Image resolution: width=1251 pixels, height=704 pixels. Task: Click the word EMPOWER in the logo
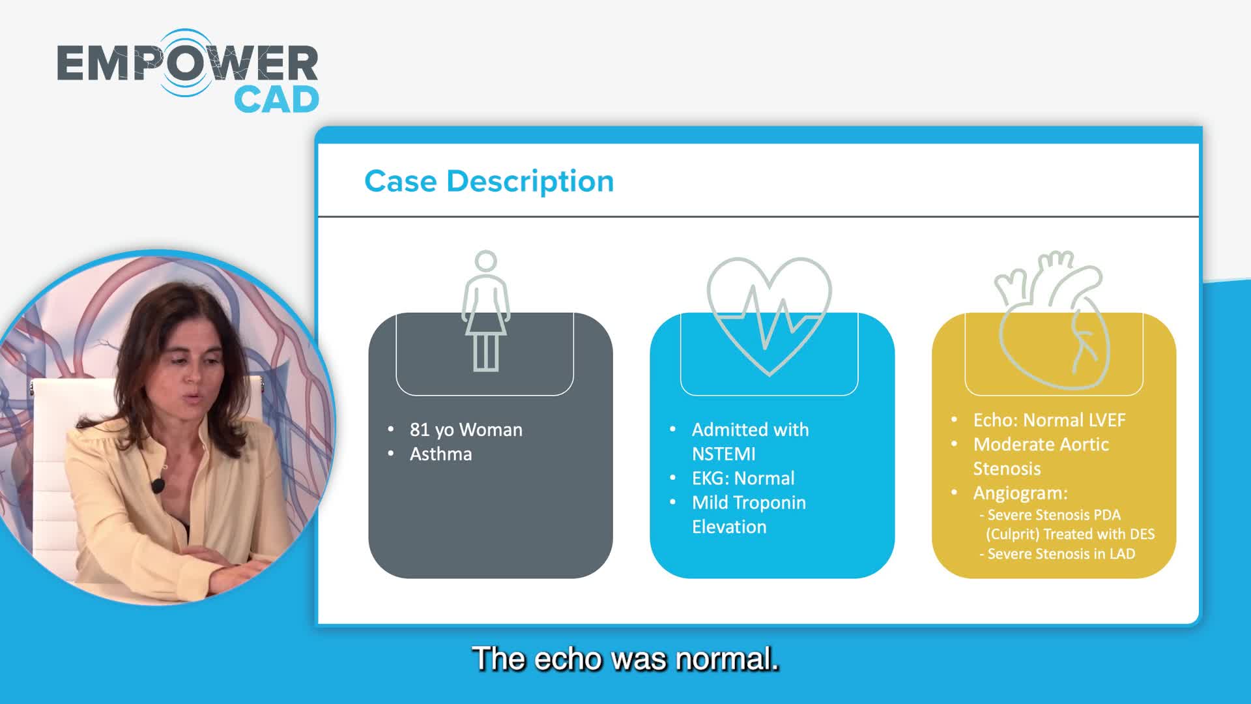(x=188, y=63)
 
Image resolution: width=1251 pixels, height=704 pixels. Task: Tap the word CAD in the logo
(x=276, y=100)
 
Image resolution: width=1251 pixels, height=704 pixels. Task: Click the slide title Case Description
(x=489, y=181)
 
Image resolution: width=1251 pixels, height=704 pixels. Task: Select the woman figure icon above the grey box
(x=485, y=311)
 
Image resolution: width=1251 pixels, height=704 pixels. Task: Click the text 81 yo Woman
(x=466, y=430)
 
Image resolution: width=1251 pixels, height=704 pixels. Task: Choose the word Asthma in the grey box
(x=440, y=454)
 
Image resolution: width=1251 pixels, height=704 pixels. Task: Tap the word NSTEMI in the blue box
(x=723, y=454)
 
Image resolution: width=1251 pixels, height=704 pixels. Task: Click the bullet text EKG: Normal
(x=743, y=478)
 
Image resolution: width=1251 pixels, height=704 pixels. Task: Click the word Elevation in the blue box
(x=729, y=527)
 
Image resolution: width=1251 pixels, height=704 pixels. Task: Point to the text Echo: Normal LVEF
(x=1049, y=420)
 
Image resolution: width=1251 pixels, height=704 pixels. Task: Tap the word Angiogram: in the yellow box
(x=1020, y=493)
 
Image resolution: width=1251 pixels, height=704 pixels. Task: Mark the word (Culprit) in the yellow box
(x=1012, y=535)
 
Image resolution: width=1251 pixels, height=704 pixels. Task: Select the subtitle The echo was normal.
(x=625, y=658)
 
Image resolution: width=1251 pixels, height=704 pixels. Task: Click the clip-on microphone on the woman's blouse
(x=158, y=486)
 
